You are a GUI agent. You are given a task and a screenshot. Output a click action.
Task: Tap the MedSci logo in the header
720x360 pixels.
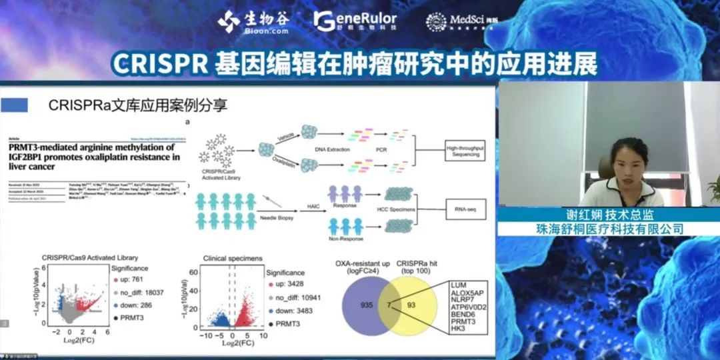(x=456, y=21)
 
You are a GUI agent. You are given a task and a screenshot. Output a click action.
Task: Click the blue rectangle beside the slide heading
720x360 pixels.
(x=15, y=105)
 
